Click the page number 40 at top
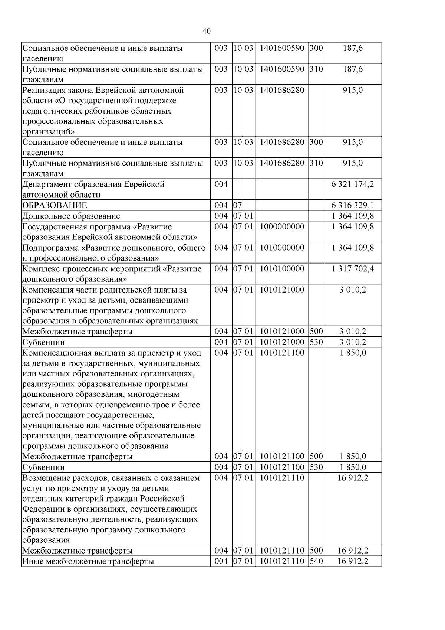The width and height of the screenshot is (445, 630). pos(207,31)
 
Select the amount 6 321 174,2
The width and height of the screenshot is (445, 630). pos(353,185)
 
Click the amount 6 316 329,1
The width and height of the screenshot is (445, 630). pos(353,206)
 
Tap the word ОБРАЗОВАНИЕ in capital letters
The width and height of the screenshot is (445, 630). pos(55,206)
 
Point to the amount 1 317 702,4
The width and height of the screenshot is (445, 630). pos(353,269)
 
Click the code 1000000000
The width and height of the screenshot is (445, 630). pos(282,227)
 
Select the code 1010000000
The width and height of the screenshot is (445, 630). pos(282,248)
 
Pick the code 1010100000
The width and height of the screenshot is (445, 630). pos(282,269)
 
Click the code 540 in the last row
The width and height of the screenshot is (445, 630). pos(316,561)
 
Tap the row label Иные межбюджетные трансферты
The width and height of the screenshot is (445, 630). pos(88,561)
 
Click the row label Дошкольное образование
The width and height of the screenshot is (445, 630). pos(71,216)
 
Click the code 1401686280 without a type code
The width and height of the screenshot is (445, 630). pos(282,90)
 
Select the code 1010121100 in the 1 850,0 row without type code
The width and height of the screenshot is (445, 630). pos(282,353)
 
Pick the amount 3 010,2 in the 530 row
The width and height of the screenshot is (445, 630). pos(353,342)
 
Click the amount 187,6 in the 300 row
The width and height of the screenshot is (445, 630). pos(353,48)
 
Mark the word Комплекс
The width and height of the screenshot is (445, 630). pos(39,269)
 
